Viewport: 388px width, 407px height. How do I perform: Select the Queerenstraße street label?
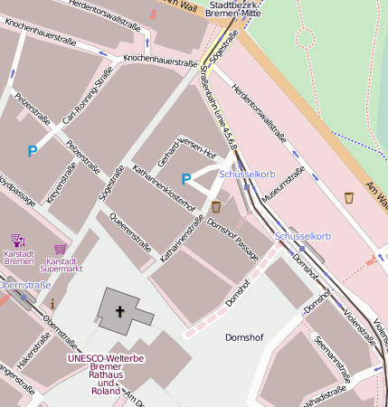click(129, 230)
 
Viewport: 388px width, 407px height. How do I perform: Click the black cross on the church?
click(119, 311)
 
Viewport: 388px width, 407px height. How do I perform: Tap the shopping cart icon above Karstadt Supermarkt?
click(61, 248)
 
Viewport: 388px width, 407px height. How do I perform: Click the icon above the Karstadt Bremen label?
click(18, 241)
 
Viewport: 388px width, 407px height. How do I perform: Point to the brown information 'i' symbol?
click(52, 302)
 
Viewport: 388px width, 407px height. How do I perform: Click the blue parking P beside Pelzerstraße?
click(33, 151)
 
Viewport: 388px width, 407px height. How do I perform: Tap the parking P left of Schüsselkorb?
click(186, 179)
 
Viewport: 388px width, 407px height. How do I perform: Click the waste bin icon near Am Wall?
click(349, 197)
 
